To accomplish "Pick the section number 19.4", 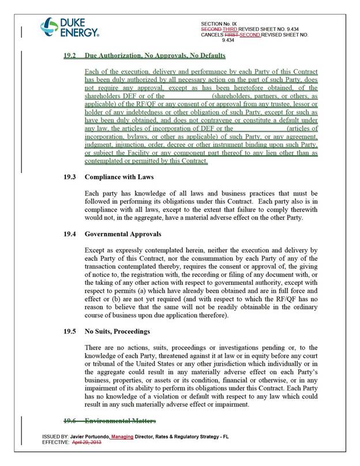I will click(70, 235).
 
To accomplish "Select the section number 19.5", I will click(70, 332).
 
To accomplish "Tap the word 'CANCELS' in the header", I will click(212, 35).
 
